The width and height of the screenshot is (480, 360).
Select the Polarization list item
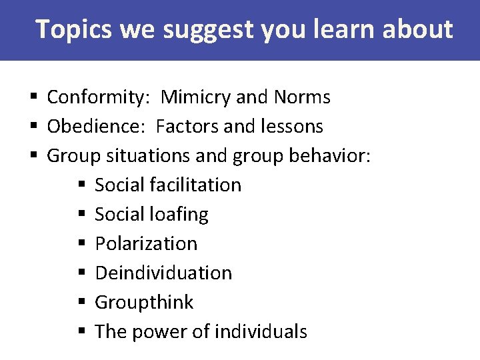click(x=146, y=243)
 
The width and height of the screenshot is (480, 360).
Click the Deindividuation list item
click(x=163, y=273)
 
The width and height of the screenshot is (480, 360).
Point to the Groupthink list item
click(x=144, y=302)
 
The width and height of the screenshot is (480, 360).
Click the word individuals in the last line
click(x=267, y=331)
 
